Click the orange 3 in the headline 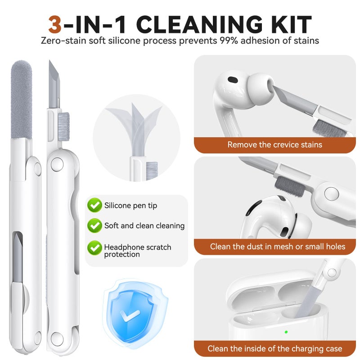55,24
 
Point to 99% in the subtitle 229,40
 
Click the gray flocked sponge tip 22,99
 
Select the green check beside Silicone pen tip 94,205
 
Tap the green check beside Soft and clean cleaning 94,225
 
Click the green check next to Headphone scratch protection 94,248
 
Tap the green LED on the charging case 286,332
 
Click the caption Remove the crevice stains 275,144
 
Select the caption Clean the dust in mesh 278,247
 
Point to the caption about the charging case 275,348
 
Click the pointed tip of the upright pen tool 49,61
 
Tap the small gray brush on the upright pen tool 63,126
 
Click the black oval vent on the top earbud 233,80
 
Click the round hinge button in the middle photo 332,193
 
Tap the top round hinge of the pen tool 57,165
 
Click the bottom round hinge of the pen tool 57,339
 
